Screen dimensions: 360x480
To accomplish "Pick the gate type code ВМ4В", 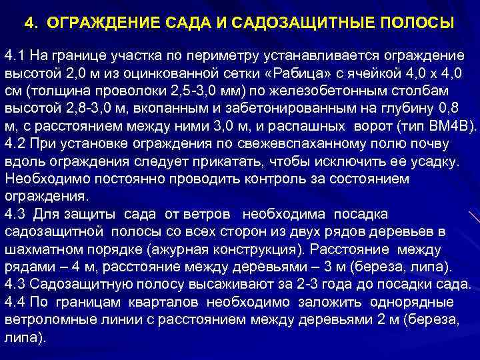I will [451, 125].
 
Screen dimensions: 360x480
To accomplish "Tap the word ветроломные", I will [44, 320].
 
